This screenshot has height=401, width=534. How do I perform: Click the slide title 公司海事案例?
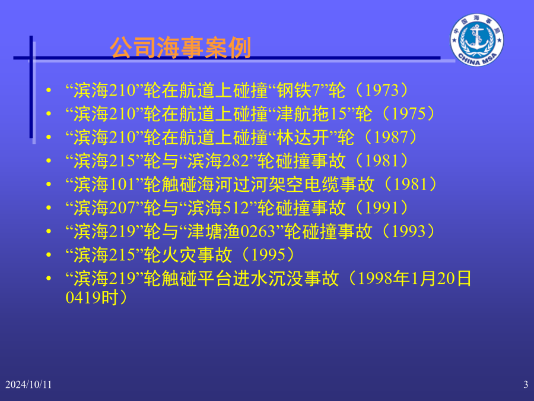click(180, 48)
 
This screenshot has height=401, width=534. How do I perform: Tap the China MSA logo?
click(476, 40)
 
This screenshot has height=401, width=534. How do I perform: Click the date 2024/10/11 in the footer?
click(28, 384)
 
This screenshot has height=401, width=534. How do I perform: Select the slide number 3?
click(526, 384)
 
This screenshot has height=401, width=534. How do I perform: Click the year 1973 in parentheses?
click(382, 90)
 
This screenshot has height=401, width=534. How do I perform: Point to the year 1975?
click(408, 114)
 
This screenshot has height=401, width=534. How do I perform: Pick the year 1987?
click(390, 137)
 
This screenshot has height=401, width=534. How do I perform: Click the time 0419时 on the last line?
click(92, 298)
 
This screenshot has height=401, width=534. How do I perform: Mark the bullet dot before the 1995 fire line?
click(49, 255)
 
